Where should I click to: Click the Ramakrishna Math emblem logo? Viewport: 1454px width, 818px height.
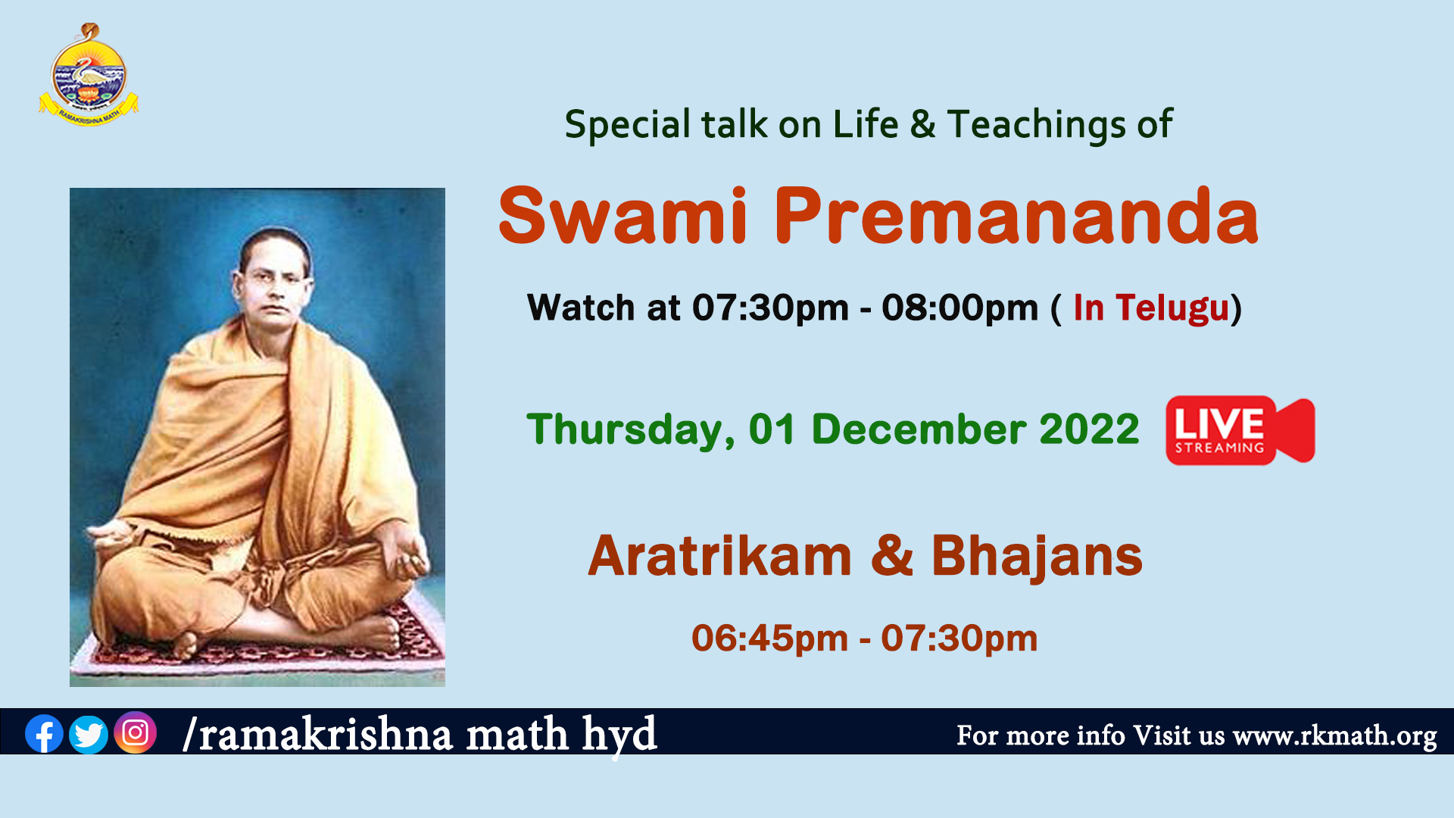click(x=89, y=76)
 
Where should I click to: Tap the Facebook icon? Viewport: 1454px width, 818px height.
click(x=44, y=733)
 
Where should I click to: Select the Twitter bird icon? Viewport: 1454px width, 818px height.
click(x=89, y=734)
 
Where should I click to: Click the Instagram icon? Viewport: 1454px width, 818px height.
click(x=136, y=732)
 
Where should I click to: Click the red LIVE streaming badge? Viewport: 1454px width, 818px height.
click(x=1240, y=430)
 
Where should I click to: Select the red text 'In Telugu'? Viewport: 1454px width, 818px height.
click(x=1151, y=309)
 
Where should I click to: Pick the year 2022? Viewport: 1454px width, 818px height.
click(x=1089, y=429)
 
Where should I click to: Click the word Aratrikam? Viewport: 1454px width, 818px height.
click(x=720, y=556)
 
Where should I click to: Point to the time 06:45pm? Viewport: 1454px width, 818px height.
click(x=769, y=638)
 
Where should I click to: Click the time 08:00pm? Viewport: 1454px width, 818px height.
click(x=959, y=308)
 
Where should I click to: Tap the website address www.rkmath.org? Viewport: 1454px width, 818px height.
click(x=1334, y=736)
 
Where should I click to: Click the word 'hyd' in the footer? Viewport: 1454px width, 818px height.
click(x=619, y=735)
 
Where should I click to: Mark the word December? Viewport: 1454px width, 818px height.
click(x=919, y=429)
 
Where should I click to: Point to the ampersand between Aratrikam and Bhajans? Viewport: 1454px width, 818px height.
click(x=892, y=556)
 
